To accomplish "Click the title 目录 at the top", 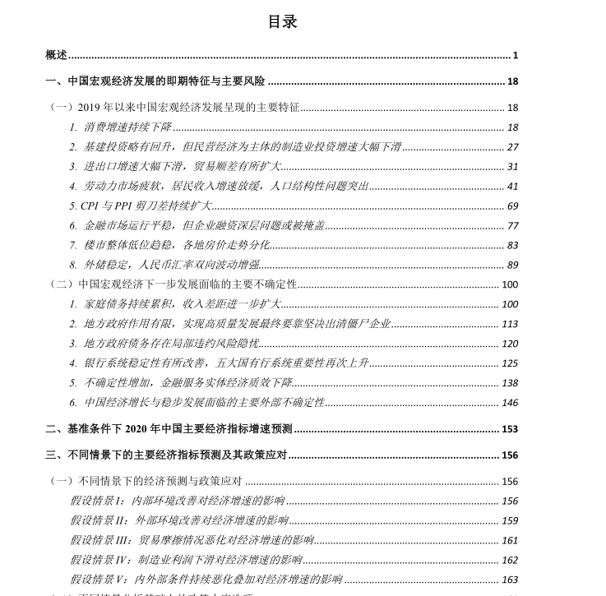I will (x=282, y=22).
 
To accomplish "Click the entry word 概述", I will (x=56, y=55).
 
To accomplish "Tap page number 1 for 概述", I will (x=516, y=56).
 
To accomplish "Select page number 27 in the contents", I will (x=513, y=147).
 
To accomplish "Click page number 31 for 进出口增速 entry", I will (x=513, y=167).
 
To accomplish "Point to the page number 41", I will (x=513, y=187).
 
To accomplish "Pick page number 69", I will (x=513, y=206).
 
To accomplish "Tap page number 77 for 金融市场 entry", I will (x=513, y=226).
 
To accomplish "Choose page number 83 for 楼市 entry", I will (x=513, y=246).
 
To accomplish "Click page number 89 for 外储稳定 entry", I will (x=513, y=266).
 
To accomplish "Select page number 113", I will (x=510, y=325).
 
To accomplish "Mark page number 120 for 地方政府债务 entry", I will (x=510, y=344).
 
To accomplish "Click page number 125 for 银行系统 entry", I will (x=510, y=363).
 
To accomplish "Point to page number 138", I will (x=510, y=383).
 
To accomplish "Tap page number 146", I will (x=510, y=403).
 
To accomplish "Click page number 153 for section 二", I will (x=510, y=429).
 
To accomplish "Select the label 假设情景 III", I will (x=102, y=541).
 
